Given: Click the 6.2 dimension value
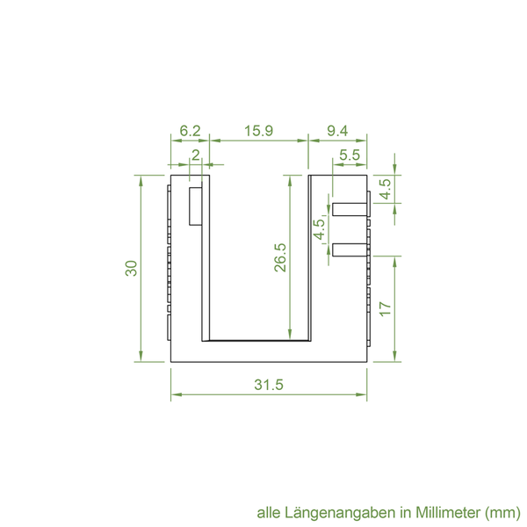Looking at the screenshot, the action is point(190,131).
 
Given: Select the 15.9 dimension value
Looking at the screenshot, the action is point(258,131).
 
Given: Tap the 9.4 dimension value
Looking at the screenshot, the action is point(337,131).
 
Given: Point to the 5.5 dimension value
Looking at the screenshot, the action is point(350,155).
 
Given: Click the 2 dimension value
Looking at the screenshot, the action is point(196,155).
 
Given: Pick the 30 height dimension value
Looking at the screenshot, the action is point(132,268).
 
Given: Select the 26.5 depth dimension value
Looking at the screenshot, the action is point(280,257).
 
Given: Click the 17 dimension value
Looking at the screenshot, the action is point(386,308).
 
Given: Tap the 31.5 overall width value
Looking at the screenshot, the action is point(269,385).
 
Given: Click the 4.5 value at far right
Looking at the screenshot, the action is point(386,189).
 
